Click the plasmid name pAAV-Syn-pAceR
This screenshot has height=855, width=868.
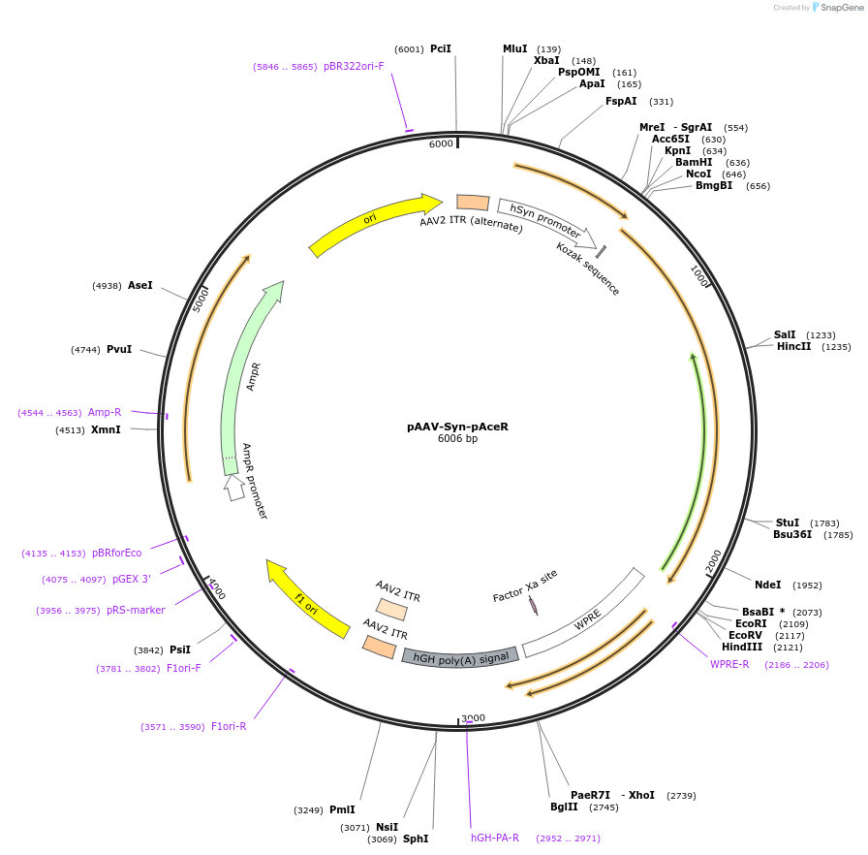click(457, 427)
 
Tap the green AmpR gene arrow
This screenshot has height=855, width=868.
click(246, 378)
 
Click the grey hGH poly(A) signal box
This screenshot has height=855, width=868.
click(460, 656)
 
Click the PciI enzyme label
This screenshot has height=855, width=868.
click(441, 48)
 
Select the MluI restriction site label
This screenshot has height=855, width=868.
click(515, 48)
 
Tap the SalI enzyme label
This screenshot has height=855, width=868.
click(785, 334)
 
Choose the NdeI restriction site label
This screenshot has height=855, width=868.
click(767, 585)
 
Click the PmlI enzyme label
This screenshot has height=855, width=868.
click(342, 809)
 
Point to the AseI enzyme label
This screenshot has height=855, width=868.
click(140, 285)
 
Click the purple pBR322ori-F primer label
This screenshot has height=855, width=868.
click(354, 66)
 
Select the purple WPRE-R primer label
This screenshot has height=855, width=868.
click(729, 664)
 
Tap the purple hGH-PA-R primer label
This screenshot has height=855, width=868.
click(495, 838)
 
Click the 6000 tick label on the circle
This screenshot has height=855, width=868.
click(441, 143)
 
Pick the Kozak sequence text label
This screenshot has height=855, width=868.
click(588, 269)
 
